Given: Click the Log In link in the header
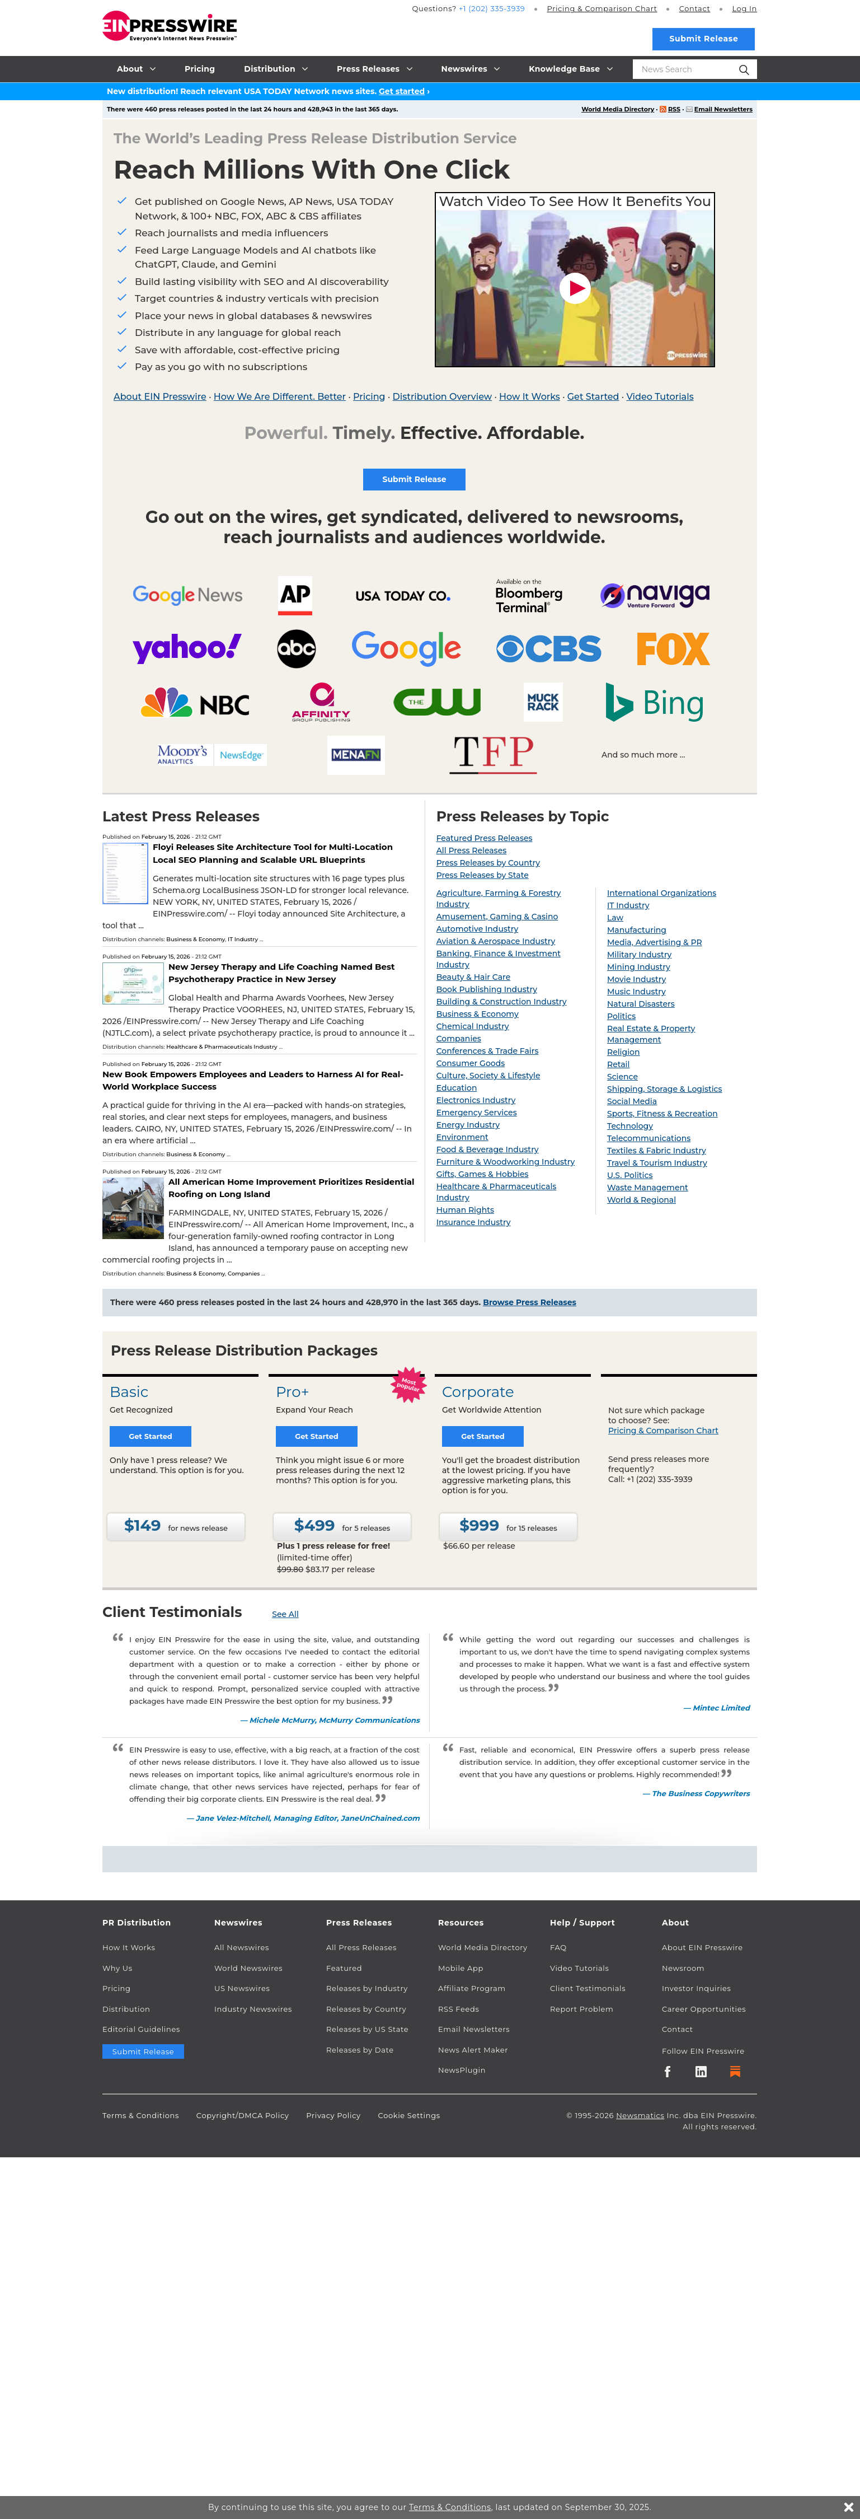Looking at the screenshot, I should click(x=744, y=9).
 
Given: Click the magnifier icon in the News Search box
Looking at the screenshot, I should click(x=744, y=69).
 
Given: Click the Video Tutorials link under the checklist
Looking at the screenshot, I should click(x=660, y=397).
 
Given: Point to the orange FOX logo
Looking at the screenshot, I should click(x=673, y=648).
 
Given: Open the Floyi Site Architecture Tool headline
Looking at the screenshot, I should click(x=272, y=854).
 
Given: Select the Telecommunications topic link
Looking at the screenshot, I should click(x=648, y=1138).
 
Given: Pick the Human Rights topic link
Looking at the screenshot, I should click(x=465, y=1209).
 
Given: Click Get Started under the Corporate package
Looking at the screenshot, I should click(x=483, y=1437).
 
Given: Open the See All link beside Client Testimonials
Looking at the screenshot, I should click(x=285, y=1614).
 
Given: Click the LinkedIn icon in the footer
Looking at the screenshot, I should click(x=701, y=2071).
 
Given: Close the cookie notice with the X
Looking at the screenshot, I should click(x=848, y=2507).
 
